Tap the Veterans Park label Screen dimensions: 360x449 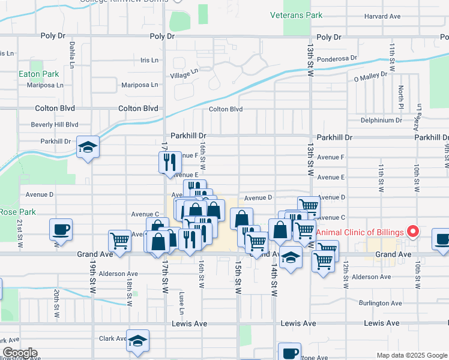pos(296,15)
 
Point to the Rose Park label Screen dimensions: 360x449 pos(18,212)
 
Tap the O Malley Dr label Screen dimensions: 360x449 pos(373,78)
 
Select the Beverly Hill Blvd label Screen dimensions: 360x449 pos(55,124)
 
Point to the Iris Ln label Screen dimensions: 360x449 pos(149,60)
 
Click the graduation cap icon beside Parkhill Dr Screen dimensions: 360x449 pos(88,147)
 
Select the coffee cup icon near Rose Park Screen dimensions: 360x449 pos(62,229)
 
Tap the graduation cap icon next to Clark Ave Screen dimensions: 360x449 pos(138,340)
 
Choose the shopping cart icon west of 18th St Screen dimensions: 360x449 pos(119,241)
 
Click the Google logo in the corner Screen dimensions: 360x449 pos(19,353)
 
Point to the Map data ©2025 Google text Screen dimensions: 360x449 pos(411,355)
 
